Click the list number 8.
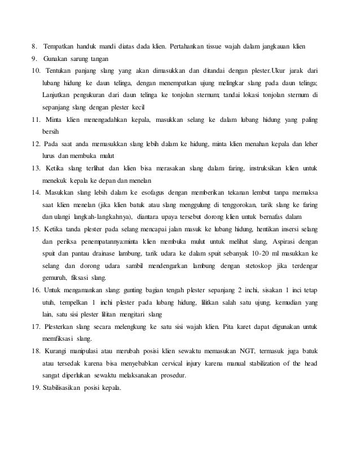[34, 46]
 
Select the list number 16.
[36, 290]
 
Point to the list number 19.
[36, 389]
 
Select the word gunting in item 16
[118, 290]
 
